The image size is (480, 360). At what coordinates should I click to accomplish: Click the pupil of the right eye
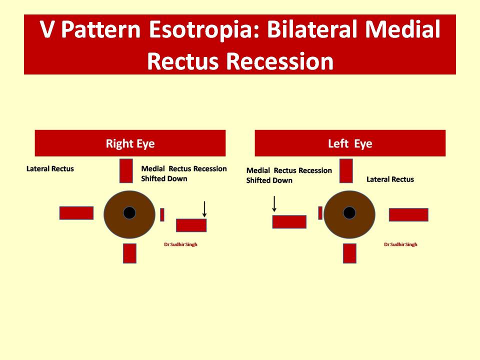coord(129,213)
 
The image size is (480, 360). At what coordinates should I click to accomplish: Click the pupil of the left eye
coord(349,213)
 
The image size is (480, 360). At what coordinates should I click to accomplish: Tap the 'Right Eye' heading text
coord(130,143)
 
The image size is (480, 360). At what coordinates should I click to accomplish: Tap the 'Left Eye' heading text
coord(350,143)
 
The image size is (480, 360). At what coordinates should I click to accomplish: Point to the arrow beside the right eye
coord(204,209)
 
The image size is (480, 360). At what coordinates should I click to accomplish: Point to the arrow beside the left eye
coord(274,204)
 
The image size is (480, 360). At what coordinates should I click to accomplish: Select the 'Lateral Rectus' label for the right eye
coord(50,168)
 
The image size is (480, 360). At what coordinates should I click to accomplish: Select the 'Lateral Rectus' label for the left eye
coord(390,179)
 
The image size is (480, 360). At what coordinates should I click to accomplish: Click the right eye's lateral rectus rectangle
coord(76,213)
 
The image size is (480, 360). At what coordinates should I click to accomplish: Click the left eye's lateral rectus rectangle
coord(408,214)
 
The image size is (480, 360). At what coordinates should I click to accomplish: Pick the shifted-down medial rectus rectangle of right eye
coord(191,225)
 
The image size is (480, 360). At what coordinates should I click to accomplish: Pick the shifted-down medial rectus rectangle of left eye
coord(289,221)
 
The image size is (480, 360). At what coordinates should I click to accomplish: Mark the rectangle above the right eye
coord(126,171)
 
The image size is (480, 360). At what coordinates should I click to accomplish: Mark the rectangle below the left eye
coord(349,253)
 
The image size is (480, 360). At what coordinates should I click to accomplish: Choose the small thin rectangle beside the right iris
coord(162,214)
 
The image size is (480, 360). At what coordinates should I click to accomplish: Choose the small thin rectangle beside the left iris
coord(320,213)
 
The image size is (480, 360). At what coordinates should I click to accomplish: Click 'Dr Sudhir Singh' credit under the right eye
coord(180,244)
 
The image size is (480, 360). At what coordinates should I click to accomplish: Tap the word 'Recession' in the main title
coord(280,61)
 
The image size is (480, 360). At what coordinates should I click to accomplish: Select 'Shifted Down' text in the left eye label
coord(269,180)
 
